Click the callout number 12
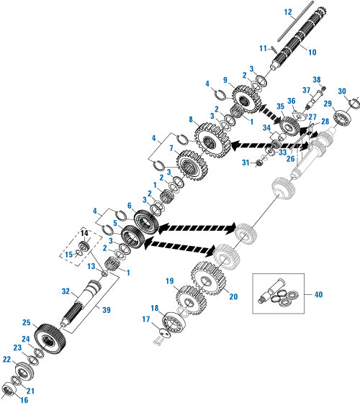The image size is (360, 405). [x=288, y=12]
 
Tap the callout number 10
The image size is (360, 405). [x=312, y=53]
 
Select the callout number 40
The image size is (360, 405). [x=318, y=294]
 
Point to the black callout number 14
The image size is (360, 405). [x=84, y=233]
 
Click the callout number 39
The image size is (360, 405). [x=107, y=310]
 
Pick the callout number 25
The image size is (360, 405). [x=27, y=322]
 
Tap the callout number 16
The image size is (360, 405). [x=24, y=400]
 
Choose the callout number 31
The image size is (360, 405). [x=246, y=163]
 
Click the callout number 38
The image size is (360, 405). [x=317, y=80]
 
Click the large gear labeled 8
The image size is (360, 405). [x=212, y=141]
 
